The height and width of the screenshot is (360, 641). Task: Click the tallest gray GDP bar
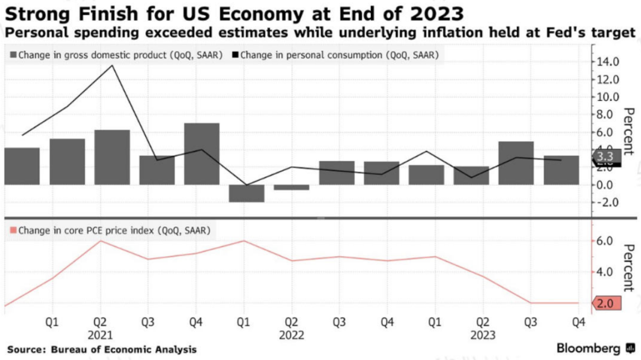[x=202, y=154]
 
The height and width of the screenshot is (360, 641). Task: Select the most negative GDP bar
[x=246, y=193]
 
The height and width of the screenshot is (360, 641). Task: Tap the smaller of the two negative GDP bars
[x=291, y=187]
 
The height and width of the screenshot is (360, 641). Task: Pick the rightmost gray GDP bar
[x=561, y=170]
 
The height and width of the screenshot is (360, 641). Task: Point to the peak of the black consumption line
[x=113, y=65]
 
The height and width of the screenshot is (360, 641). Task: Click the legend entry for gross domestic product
[x=116, y=55]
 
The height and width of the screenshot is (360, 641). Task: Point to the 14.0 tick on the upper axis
[x=608, y=62]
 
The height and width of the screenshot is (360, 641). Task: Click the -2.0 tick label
[x=608, y=202]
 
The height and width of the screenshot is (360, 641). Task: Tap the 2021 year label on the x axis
[x=100, y=335]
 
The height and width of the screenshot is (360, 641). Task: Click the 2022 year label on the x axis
[x=291, y=335]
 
